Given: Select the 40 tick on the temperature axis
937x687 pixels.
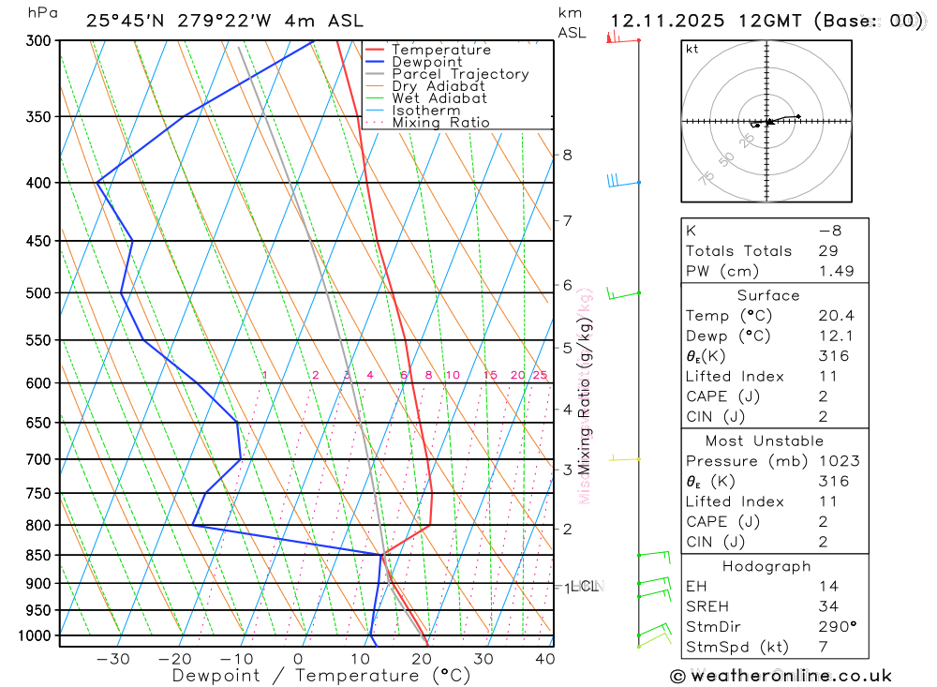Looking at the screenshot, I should click(x=543, y=659).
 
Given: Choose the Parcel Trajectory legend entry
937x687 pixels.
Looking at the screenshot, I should click(x=460, y=74).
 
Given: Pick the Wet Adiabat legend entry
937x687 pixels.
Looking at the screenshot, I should click(x=439, y=98).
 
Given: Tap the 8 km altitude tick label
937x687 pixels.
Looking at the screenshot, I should click(x=567, y=155).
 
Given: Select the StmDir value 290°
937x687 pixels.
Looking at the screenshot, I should click(x=837, y=627).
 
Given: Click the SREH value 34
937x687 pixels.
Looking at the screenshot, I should click(x=828, y=606).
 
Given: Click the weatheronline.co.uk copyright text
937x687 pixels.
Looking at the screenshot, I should click(x=781, y=676).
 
